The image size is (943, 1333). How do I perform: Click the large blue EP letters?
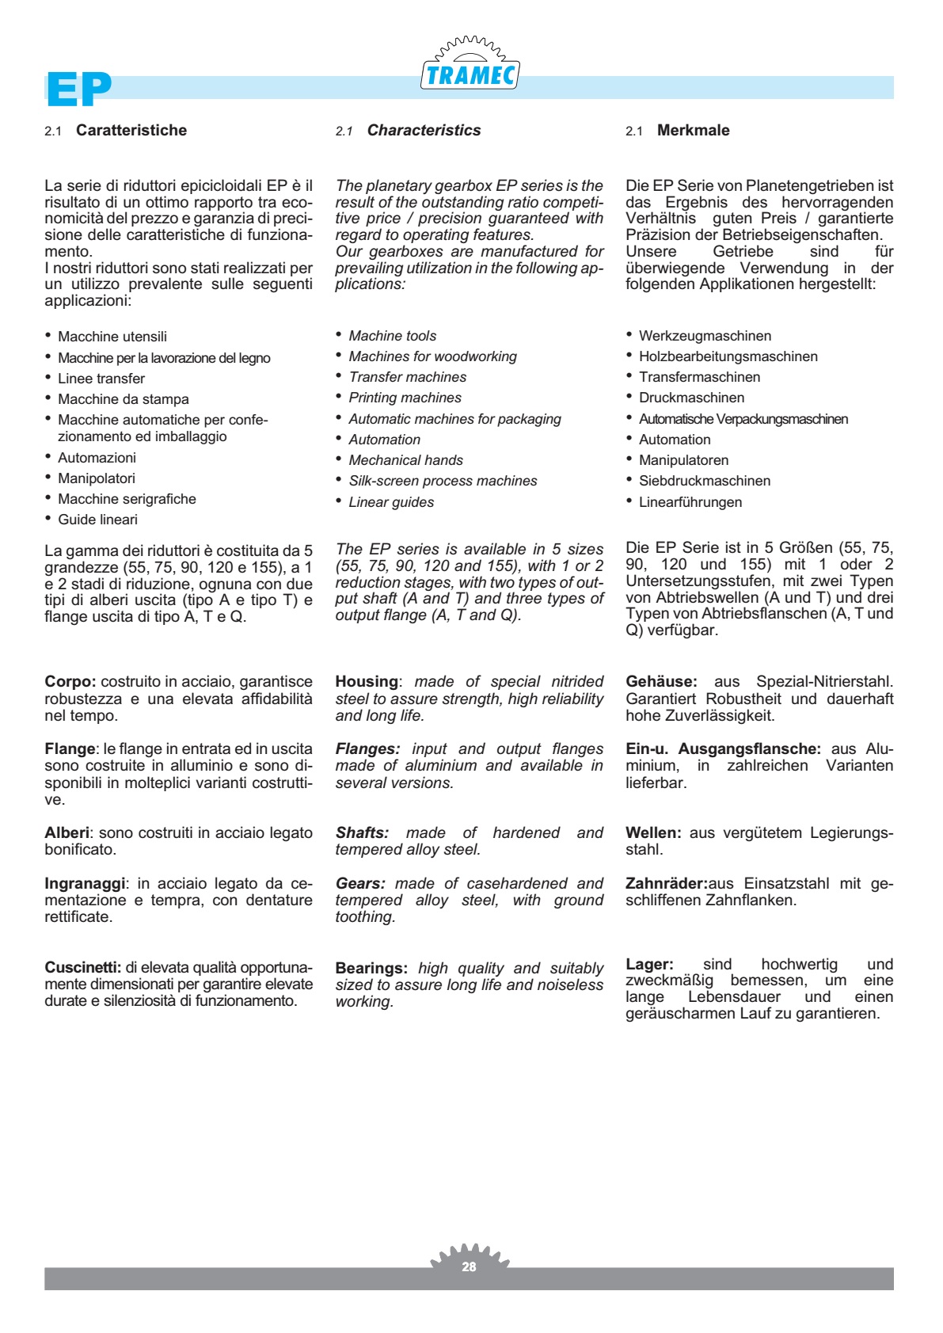[78, 89]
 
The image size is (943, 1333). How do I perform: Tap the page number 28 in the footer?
[470, 1266]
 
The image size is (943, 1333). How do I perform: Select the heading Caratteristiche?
[131, 131]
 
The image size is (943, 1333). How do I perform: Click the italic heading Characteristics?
[424, 131]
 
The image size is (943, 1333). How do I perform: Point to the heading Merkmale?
[693, 131]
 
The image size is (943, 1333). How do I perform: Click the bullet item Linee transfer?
[101, 379]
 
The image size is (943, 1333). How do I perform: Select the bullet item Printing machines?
[405, 398]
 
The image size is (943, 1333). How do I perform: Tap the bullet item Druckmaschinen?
[691, 398]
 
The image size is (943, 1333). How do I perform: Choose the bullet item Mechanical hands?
[405, 460]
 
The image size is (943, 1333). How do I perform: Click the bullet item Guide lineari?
[97, 520]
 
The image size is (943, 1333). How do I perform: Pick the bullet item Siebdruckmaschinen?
[704, 481]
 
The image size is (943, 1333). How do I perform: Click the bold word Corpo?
[70, 682]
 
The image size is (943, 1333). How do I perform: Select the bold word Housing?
[367, 682]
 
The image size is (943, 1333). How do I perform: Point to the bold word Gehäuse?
[661, 682]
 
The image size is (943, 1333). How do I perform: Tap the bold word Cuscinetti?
[83, 967]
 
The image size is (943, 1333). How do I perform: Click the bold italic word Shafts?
[362, 833]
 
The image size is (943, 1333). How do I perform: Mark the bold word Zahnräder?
[666, 884]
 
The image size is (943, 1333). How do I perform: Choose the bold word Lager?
[649, 965]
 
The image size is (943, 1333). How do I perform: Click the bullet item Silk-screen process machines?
[443, 481]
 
